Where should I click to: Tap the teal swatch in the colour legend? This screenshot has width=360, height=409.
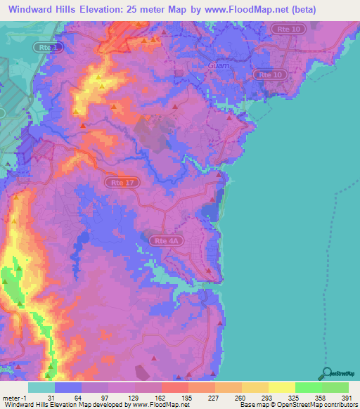pyautogui.click(x=41, y=387)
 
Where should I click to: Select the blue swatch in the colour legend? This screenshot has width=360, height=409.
pyautogui.click(x=67, y=387)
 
